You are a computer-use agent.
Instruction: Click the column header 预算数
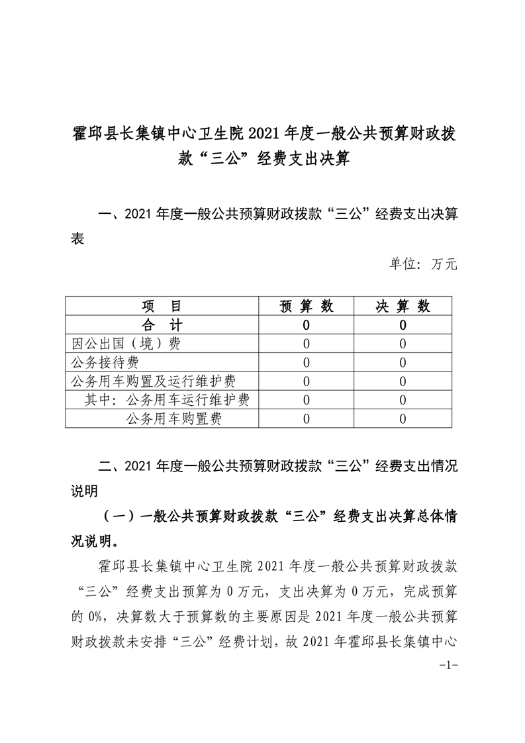point(306,306)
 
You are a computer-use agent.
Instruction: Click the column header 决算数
point(403,306)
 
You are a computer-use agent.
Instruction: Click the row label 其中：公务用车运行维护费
point(167,399)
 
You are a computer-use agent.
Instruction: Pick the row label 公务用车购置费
point(174,418)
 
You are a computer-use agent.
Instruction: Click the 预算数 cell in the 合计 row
point(306,325)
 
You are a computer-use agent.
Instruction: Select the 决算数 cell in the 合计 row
point(403,325)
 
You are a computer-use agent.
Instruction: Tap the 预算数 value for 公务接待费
point(306,362)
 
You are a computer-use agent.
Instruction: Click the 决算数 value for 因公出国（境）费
point(403,344)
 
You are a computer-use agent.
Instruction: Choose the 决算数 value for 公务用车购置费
point(403,419)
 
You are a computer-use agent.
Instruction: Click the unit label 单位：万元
point(423,264)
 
